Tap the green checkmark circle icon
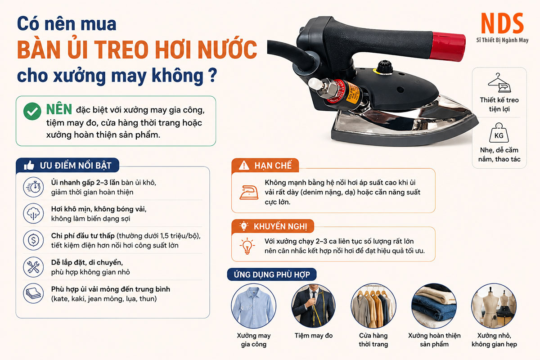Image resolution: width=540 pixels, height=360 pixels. coord(32,111)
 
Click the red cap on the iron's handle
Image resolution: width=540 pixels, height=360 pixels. coord(449,46)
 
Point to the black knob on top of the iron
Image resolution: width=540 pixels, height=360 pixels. coord(385,66)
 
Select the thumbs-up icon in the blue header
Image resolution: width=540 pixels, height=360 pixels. coord(29,166)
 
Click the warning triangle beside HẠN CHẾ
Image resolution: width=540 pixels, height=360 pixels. coord(244,166)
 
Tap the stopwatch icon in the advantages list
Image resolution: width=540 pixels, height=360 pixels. coord(33,187)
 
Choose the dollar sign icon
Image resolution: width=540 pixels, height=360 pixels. coord(33,240)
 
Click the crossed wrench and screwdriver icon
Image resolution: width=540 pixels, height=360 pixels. coord(33,267)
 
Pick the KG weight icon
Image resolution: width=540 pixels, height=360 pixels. coord(499,133)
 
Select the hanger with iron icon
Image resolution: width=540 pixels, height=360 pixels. coord(499,83)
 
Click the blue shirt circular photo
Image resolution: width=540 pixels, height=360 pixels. coord(254,306)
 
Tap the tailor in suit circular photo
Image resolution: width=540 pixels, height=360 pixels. coord(313,306)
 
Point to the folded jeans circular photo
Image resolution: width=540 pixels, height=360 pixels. coord(434,306)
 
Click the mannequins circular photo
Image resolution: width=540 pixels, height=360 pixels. coord(494,306)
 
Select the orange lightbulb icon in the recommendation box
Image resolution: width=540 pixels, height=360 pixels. coord(247,246)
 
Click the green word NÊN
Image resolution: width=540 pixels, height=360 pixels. coord(59,109)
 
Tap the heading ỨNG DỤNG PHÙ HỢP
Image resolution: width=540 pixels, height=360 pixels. coord(272,274)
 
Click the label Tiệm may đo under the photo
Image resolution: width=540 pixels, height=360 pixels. coord(313,335)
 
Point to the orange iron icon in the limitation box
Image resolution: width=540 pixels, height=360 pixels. coord(249,192)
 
